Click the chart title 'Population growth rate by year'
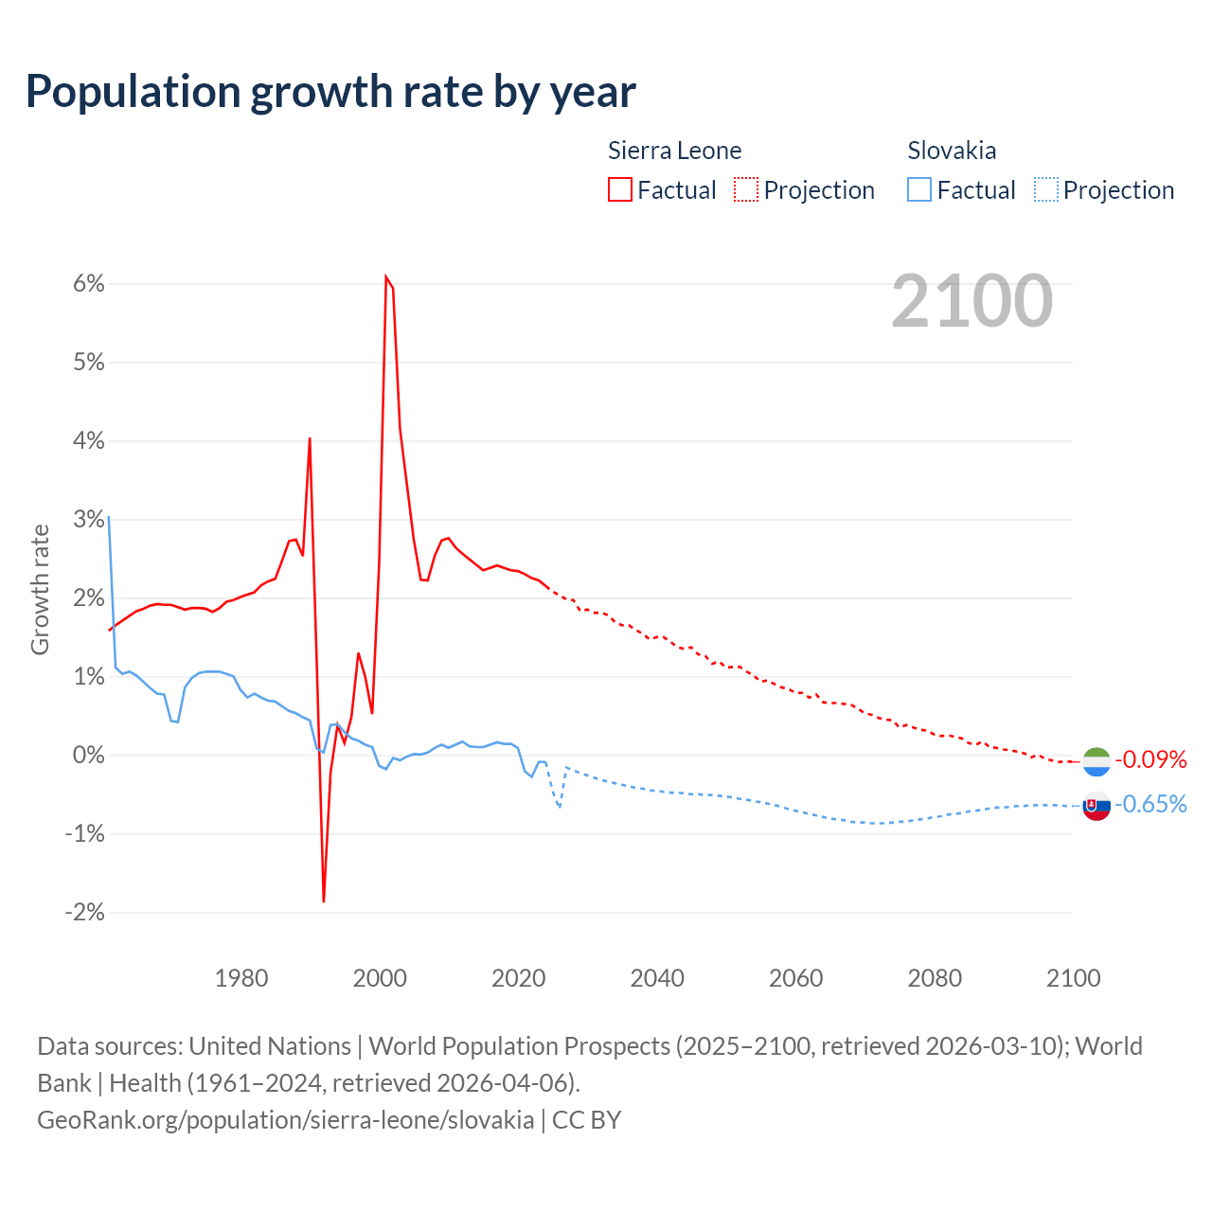(x=330, y=92)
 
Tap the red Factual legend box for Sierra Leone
(x=620, y=189)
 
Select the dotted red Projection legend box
(x=746, y=189)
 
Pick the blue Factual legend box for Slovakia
(x=919, y=189)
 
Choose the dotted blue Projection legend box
(x=1045, y=189)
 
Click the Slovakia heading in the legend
(x=952, y=151)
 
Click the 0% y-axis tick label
(x=86, y=756)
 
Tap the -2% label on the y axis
(x=83, y=913)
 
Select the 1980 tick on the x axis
(x=241, y=978)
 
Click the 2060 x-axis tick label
(x=796, y=978)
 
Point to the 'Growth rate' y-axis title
(x=40, y=589)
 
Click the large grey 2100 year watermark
(x=971, y=301)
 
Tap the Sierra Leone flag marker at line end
(x=1096, y=760)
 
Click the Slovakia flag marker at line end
(x=1096, y=806)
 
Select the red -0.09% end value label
(x=1150, y=759)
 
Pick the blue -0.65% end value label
(x=1150, y=805)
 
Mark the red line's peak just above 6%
(x=386, y=276)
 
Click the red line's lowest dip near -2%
(x=324, y=900)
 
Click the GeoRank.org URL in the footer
(x=285, y=1119)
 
